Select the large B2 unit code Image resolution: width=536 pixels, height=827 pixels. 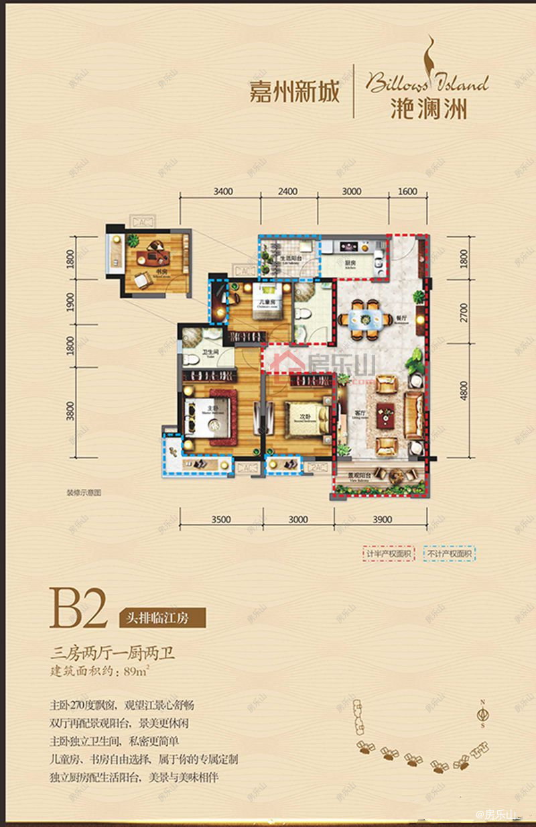(78, 608)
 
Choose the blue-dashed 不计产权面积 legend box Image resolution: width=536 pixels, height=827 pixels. (449, 554)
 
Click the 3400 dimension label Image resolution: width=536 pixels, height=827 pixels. (223, 191)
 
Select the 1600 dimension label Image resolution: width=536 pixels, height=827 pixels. (407, 191)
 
